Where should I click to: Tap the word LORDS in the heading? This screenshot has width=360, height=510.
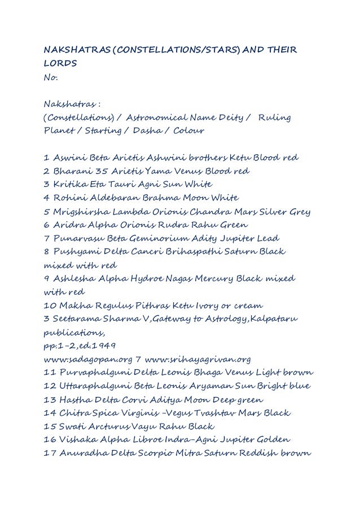tap(59, 65)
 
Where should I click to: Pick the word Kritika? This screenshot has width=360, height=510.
tap(68, 184)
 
